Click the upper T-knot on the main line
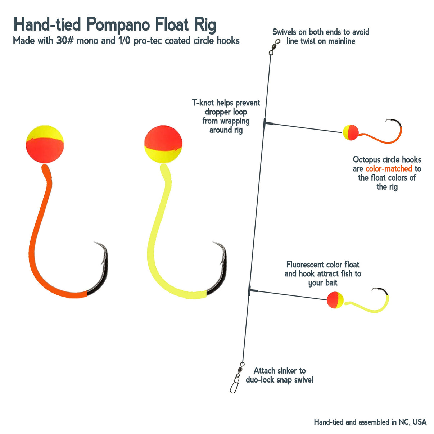click(265, 123)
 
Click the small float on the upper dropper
click(351, 132)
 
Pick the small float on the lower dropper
click(335, 300)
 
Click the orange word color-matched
click(389, 168)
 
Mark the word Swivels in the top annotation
click(285, 32)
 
